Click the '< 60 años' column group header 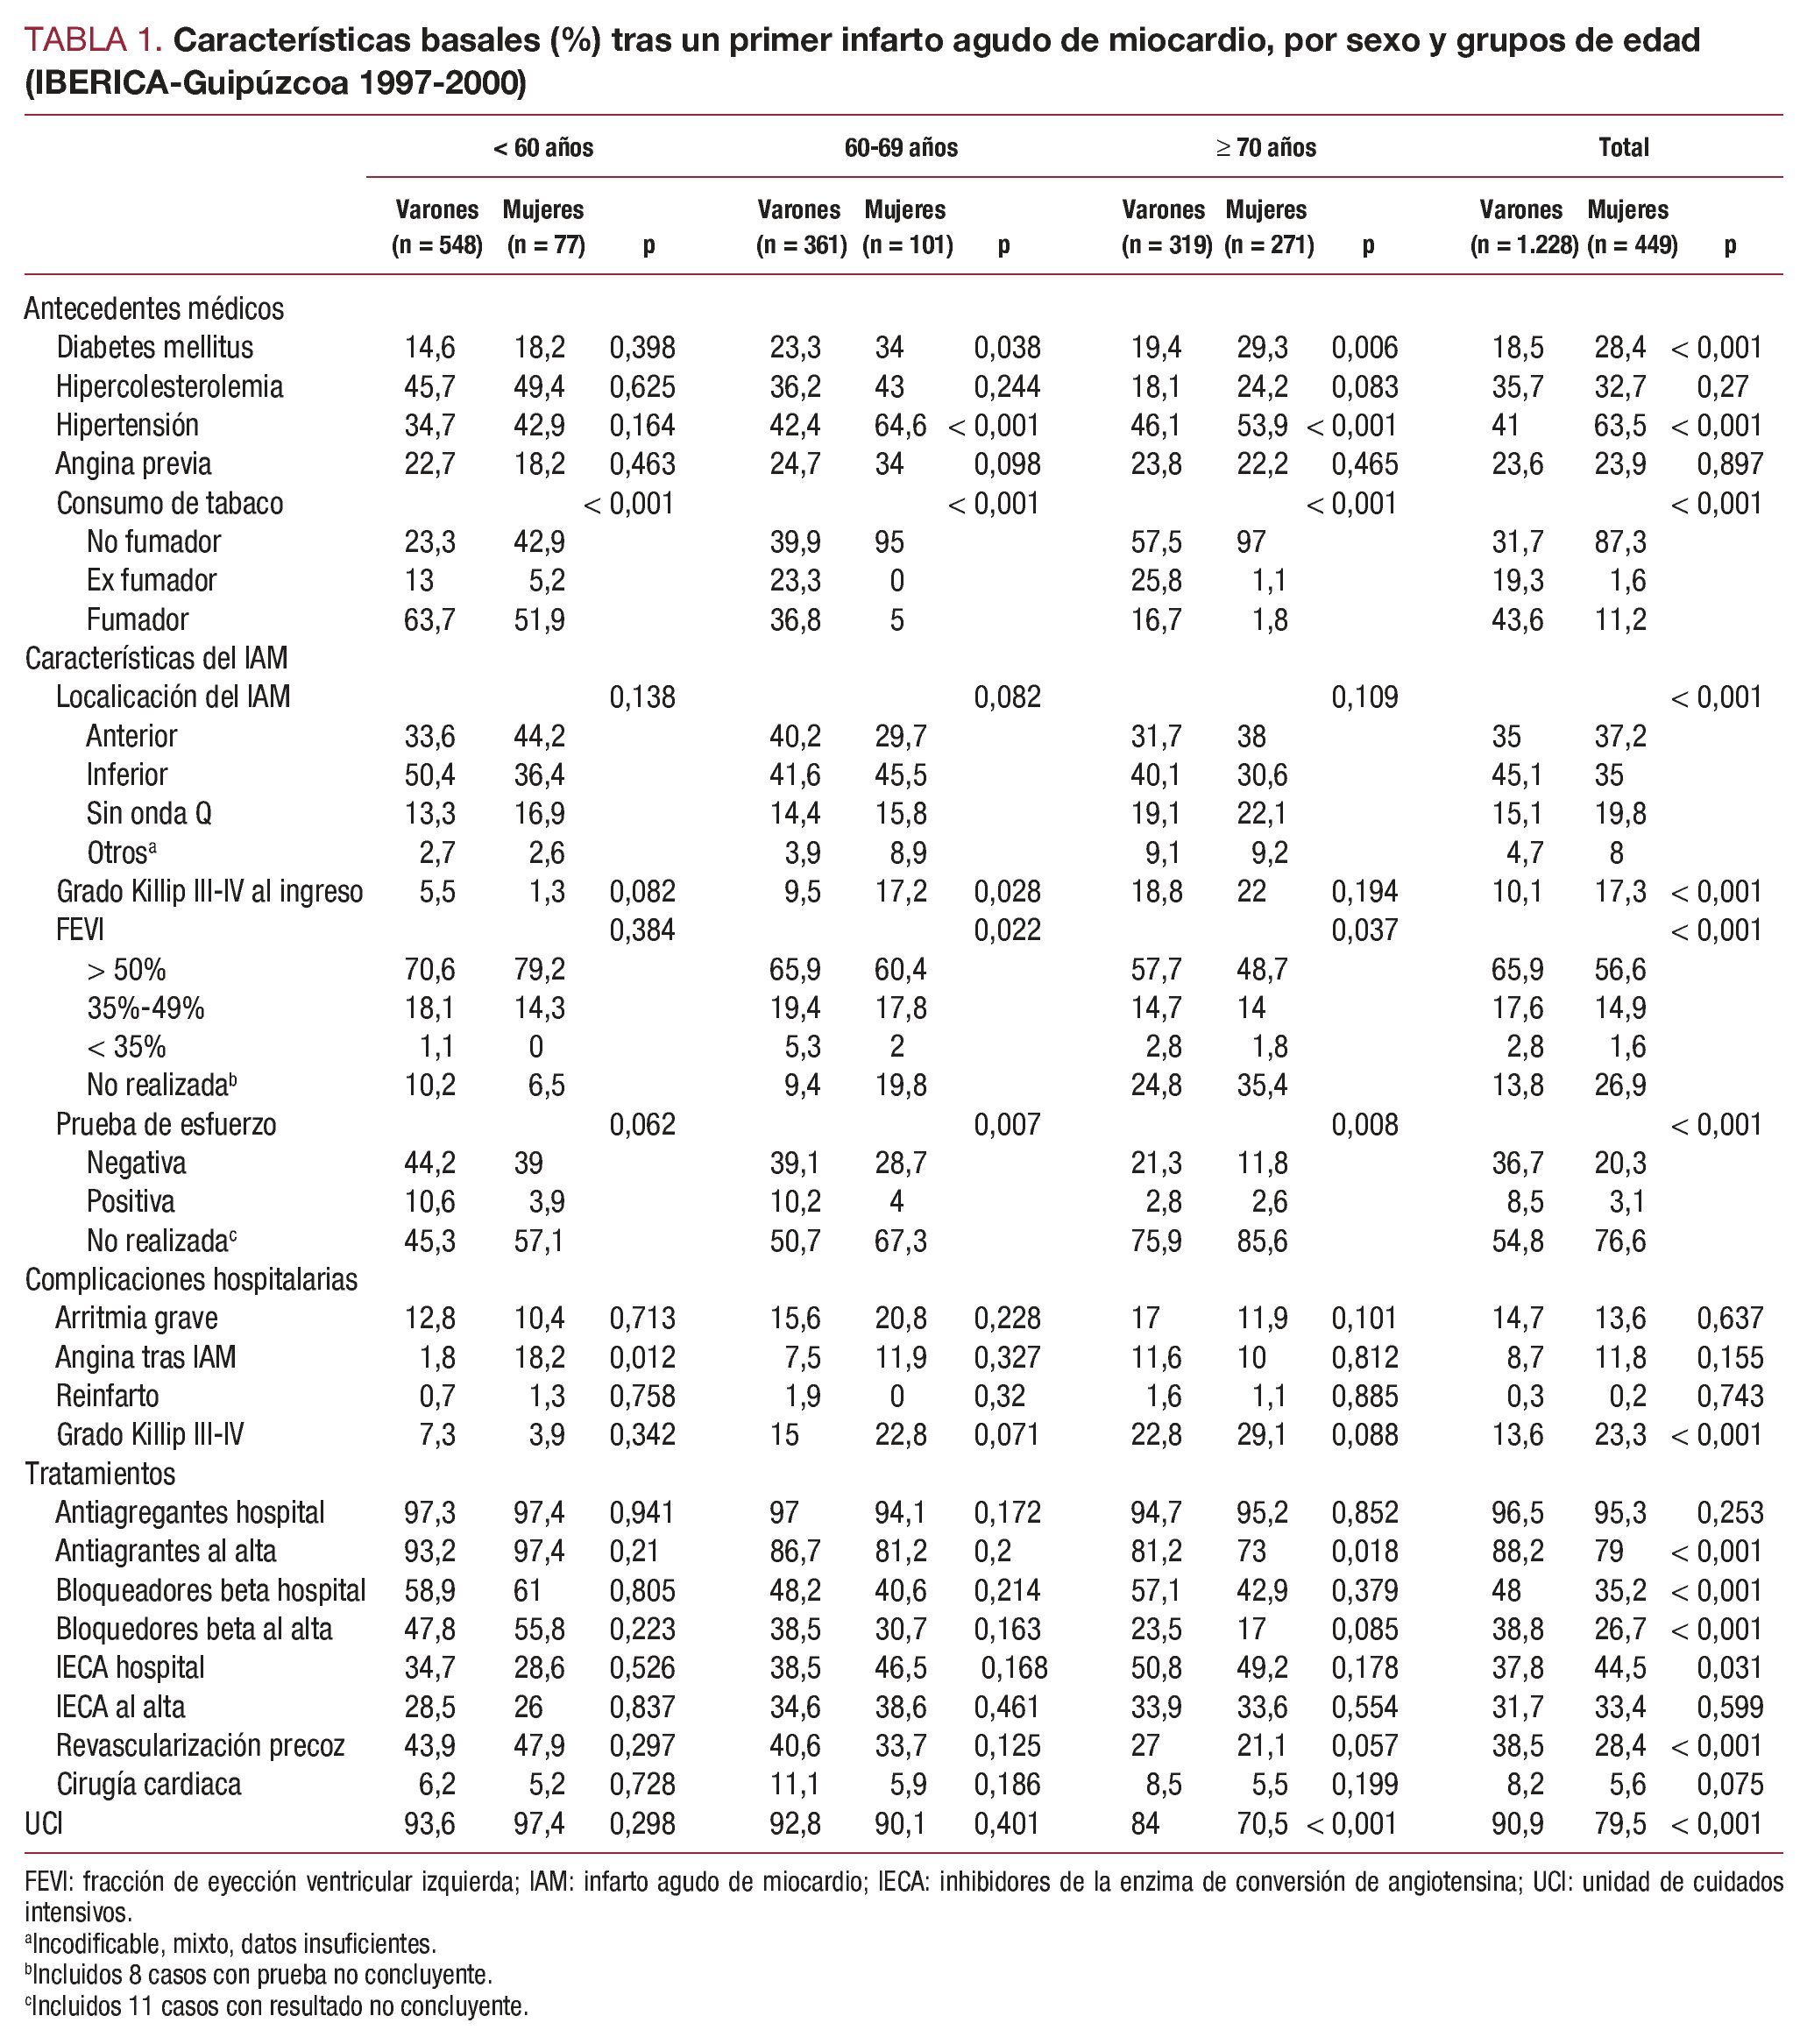pyautogui.click(x=543, y=148)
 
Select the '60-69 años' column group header pyautogui.click(x=901, y=148)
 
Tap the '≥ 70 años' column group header pyautogui.click(x=1265, y=148)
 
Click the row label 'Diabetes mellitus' pyautogui.click(x=154, y=348)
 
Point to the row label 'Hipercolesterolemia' pyautogui.click(x=169, y=386)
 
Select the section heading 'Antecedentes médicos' pyautogui.click(x=154, y=309)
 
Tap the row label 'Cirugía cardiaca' pyautogui.click(x=148, y=1784)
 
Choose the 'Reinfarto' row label pyautogui.click(x=108, y=1397)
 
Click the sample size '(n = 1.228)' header pyautogui.click(x=1524, y=245)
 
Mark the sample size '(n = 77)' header pyautogui.click(x=545, y=245)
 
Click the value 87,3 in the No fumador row pyautogui.click(x=1619, y=542)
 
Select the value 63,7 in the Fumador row pyautogui.click(x=429, y=620)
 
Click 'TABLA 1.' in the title pyautogui.click(x=94, y=41)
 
